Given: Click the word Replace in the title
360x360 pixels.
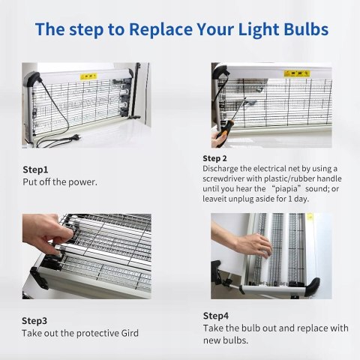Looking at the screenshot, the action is (x=160, y=29).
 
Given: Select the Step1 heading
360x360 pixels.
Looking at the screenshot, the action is (x=35, y=169).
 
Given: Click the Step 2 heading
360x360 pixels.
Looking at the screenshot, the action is (x=214, y=158).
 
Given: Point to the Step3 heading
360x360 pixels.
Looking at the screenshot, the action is (x=34, y=321).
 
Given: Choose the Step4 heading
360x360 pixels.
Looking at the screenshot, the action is (x=216, y=316).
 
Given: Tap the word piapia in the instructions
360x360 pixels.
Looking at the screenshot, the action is (x=286, y=189).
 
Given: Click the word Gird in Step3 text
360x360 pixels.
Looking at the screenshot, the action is (x=130, y=333).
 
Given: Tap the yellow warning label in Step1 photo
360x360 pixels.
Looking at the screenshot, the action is (x=88, y=76).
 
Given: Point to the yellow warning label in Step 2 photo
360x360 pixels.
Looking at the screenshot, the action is (x=297, y=73).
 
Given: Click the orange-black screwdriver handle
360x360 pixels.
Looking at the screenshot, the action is (x=224, y=130).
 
